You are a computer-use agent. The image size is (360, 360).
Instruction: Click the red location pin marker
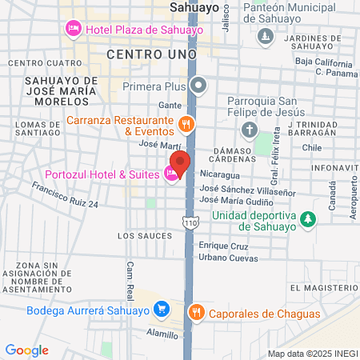coord(180,162)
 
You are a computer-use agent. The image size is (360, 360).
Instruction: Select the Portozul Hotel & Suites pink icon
coord(171,174)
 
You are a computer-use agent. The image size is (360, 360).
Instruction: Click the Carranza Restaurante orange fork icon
coord(186,123)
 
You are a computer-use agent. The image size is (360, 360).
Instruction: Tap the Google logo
coord(27,350)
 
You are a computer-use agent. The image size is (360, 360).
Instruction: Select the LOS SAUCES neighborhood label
coord(145,236)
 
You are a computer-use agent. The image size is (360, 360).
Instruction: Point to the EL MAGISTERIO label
coord(322,288)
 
